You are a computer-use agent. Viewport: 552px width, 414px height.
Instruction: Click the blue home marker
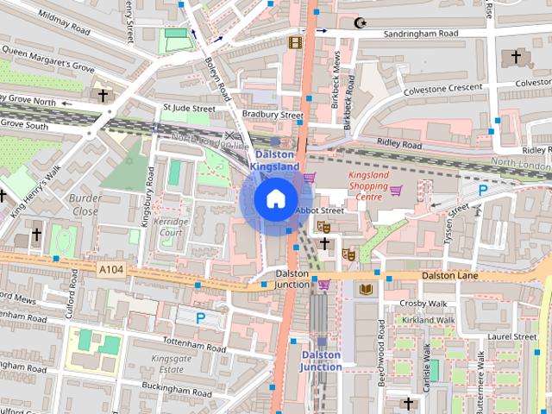pyautogui.click(x=275, y=198)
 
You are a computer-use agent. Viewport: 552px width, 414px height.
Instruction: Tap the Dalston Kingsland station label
pyautogui.click(x=275, y=160)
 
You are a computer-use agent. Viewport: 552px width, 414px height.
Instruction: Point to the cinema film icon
pyautogui.click(x=296, y=41)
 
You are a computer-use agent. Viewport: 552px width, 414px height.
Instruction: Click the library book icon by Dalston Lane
pyautogui.click(x=367, y=288)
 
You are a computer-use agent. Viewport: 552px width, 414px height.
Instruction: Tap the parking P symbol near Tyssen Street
pyautogui.click(x=483, y=189)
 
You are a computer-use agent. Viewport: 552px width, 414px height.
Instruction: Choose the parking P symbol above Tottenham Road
pyautogui.click(x=200, y=317)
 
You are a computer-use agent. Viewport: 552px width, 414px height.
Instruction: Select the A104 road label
pyautogui.click(x=110, y=270)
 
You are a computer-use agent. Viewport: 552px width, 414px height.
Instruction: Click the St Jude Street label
pyautogui.click(x=188, y=109)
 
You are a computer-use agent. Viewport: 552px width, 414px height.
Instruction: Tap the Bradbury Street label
pyautogui.click(x=273, y=114)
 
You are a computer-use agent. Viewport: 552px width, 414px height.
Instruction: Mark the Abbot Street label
pyautogui.click(x=319, y=210)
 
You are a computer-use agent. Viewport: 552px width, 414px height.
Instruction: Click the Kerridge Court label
pyautogui.click(x=169, y=227)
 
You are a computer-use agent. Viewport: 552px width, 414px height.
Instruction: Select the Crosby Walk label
pyautogui.click(x=422, y=304)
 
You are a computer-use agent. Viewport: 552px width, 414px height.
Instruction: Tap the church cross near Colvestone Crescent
pyautogui.click(x=516, y=57)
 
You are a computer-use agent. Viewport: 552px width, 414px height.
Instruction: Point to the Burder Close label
pyautogui.click(x=84, y=204)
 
